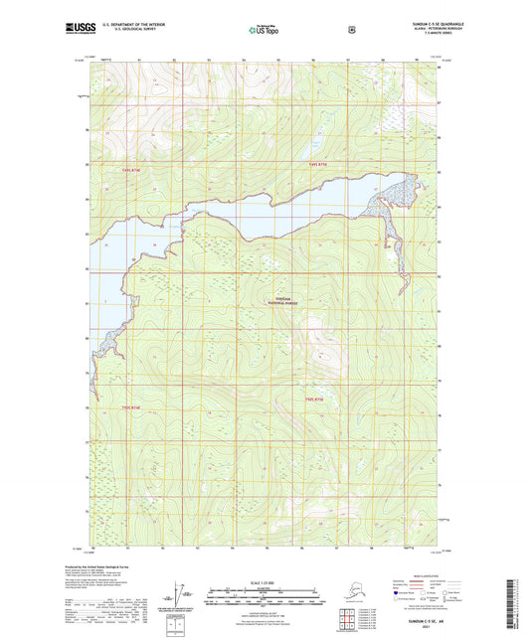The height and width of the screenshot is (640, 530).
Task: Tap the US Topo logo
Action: tap(264, 31)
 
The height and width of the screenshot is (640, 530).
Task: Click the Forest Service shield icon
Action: tap(351, 30)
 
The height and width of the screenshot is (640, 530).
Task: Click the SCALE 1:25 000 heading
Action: tap(264, 581)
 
